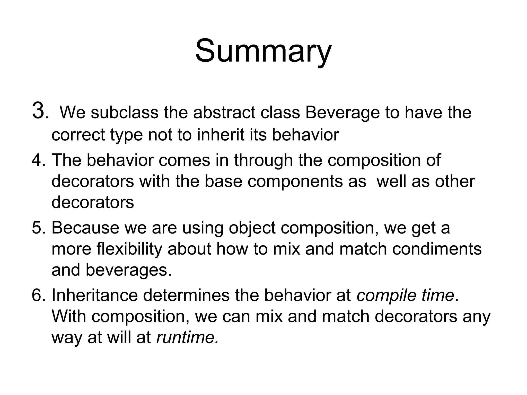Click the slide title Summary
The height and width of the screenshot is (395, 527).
[263, 51]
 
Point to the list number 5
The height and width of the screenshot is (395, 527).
[38, 228]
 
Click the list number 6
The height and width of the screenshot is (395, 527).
[38, 295]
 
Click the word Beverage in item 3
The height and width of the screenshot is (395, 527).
[342, 113]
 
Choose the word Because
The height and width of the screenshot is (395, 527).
[85, 228]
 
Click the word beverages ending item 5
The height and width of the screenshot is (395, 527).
[128, 270]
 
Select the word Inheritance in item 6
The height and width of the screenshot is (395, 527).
[95, 295]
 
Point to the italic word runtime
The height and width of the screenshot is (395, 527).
[187, 337]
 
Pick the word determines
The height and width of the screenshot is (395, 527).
[186, 295]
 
